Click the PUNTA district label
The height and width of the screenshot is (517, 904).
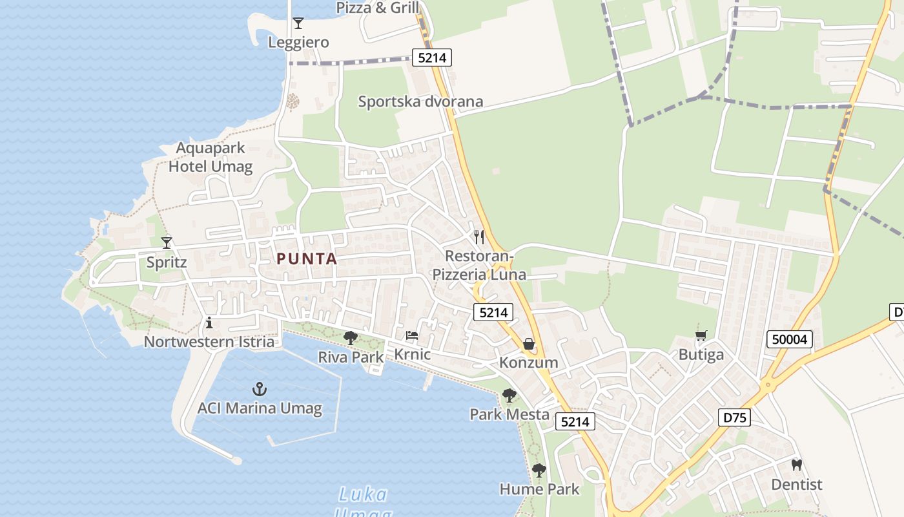[307, 259]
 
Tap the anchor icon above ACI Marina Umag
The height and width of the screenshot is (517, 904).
[259, 389]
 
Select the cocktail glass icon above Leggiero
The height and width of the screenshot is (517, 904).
[298, 23]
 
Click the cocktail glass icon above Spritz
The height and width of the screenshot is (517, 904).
[167, 242]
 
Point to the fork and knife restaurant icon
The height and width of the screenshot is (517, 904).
[478, 237]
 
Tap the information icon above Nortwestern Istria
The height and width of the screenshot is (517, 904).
[209, 322]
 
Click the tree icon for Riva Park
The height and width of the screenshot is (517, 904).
[351, 337]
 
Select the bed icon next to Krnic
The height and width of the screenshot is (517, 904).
[411, 335]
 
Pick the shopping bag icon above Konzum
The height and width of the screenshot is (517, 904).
[528, 344]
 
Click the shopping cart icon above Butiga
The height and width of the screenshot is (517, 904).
[701, 335]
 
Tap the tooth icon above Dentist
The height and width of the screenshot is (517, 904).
[796, 465]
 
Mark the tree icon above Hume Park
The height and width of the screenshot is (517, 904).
[539, 470]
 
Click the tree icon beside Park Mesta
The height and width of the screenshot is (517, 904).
[509, 396]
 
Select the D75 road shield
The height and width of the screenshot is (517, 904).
[735, 417]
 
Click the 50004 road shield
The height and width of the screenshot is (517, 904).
[790, 339]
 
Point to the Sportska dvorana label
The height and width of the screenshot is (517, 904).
[420, 101]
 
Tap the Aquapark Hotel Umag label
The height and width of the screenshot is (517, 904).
[211, 157]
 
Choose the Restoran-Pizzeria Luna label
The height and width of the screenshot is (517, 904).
[479, 265]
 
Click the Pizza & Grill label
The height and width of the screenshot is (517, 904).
[378, 8]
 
